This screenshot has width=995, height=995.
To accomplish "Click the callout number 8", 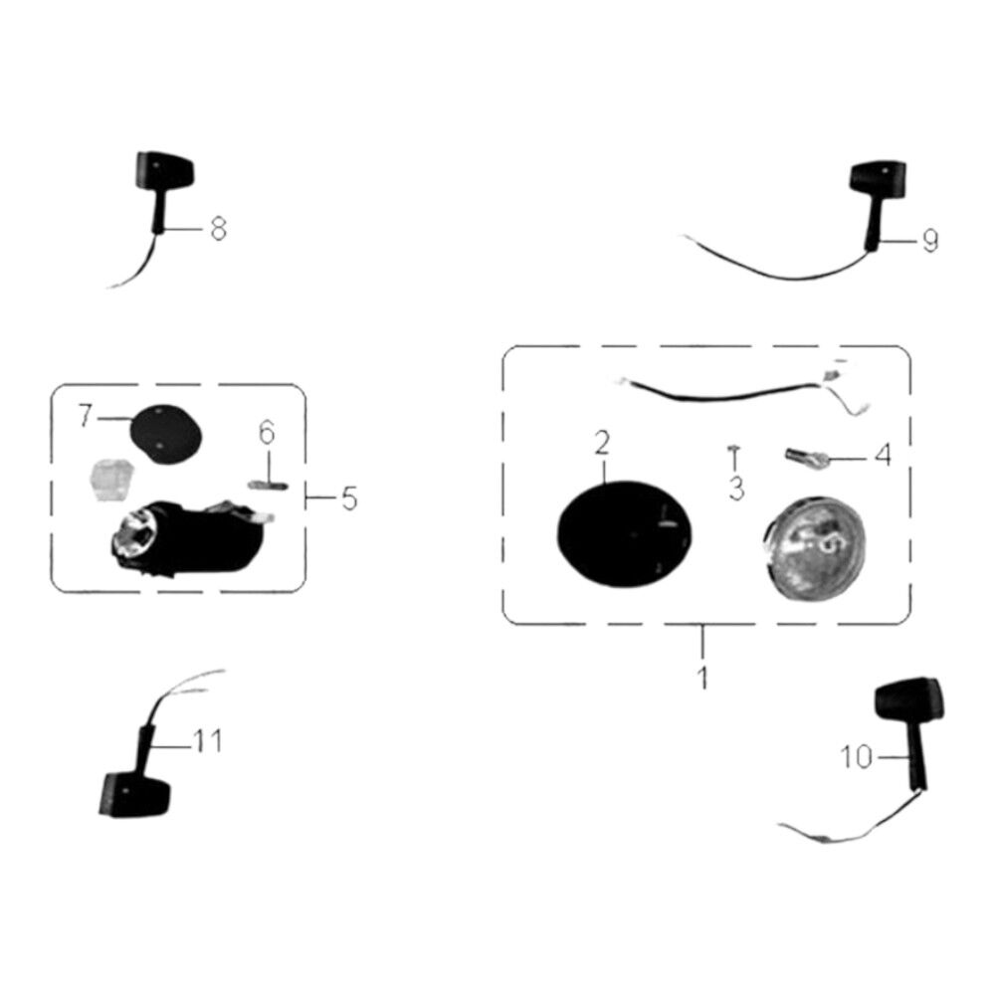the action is pos(218,229).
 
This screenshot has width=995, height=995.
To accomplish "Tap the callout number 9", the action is pos(929,241).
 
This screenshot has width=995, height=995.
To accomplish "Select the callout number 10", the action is pos(856,757).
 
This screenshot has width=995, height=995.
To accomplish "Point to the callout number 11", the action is pos(208,740).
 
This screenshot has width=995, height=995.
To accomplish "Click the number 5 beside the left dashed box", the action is pos(349,498).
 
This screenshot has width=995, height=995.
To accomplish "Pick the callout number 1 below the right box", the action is pos(702,677).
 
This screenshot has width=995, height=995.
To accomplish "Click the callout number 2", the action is pos(602,443).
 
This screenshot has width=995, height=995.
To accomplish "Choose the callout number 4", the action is pos(883,455).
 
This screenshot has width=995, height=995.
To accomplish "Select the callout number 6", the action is pos(267,433).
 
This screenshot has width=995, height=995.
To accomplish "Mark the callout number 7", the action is pos(86,416).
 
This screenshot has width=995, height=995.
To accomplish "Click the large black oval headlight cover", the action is pos(625,534).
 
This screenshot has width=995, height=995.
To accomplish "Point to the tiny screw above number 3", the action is pos(735,454).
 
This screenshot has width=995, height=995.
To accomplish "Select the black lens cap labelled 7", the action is pos(165,435).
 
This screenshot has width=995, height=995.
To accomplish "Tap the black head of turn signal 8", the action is pos(165,170).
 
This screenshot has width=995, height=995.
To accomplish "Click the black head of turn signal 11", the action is pos(135,794).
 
